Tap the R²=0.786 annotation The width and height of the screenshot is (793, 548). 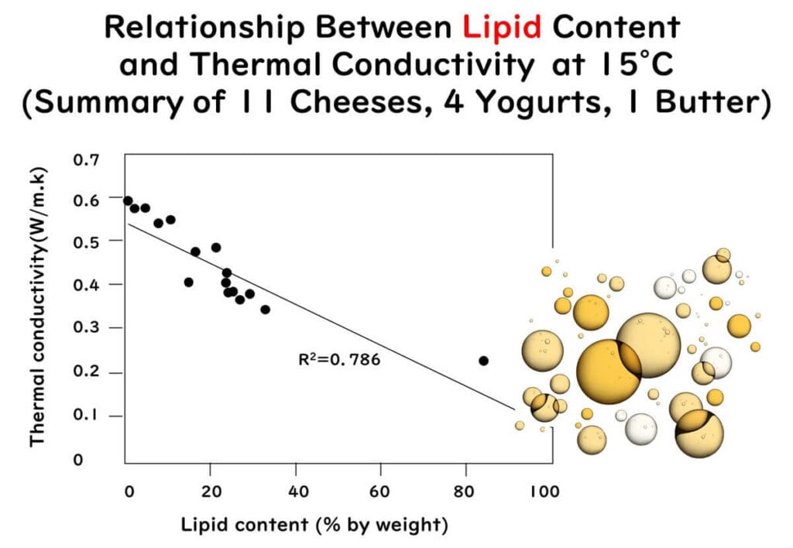[x=339, y=359]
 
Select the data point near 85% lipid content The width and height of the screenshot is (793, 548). [x=484, y=361]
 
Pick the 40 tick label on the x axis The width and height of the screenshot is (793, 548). [x=297, y=491]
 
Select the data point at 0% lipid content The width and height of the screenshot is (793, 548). [x=128, y=201]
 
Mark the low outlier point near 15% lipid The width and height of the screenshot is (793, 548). [x=188, y=283]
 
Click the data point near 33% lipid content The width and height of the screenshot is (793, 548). [x=266, y=310]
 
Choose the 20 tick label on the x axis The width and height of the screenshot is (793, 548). [x=212, y=491]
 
